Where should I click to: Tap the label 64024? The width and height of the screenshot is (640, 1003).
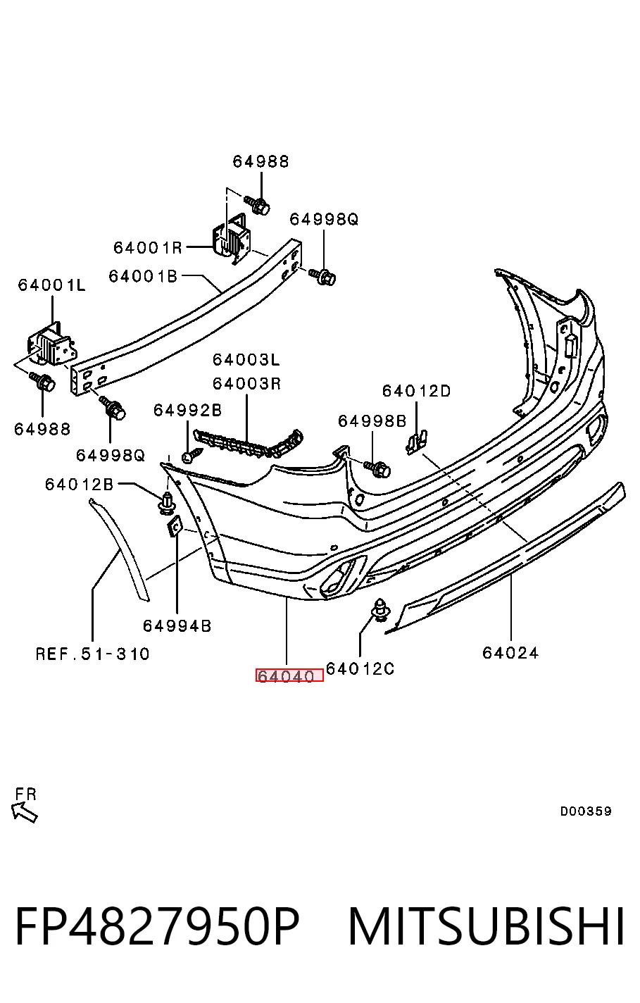510,653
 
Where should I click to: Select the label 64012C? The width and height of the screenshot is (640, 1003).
360,668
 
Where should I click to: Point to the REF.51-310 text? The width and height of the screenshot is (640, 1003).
93,654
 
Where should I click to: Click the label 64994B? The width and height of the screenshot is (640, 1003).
177,625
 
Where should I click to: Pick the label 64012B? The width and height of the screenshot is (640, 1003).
80,484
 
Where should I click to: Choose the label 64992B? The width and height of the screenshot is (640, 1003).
187,410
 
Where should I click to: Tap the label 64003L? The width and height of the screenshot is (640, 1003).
246,359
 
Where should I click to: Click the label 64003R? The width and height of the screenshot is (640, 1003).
246,384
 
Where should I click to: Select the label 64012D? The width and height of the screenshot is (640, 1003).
417,391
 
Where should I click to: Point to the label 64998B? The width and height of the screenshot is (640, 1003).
372,421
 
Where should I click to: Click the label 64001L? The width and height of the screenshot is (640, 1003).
51,285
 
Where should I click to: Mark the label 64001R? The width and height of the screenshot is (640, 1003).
148,247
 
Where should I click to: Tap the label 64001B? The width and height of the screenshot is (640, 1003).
143,276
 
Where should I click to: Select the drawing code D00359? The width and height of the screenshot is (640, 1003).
586,811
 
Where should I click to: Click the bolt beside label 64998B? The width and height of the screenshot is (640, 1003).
378,469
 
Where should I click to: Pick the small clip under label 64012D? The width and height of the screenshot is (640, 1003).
417,442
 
